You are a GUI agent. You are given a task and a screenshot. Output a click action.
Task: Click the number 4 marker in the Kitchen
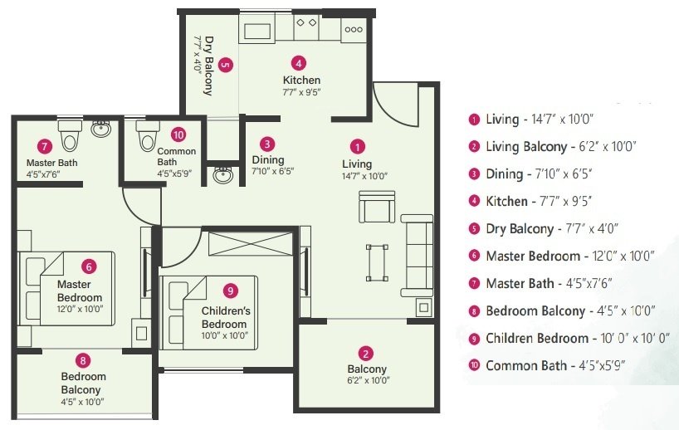coord(299,62)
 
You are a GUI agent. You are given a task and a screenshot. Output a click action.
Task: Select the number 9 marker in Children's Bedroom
coord(231,290)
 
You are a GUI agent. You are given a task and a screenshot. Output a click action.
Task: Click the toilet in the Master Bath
coord(69,131)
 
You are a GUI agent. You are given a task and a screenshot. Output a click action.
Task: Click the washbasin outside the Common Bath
coord(222,175)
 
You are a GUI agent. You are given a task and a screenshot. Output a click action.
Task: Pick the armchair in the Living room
coord(377,207)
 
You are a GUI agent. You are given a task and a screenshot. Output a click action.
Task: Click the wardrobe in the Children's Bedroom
coord(249,245)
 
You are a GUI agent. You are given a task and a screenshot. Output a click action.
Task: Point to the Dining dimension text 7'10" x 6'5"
coord(273,171)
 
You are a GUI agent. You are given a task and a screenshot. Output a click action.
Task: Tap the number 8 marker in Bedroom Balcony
coord(81,359)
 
